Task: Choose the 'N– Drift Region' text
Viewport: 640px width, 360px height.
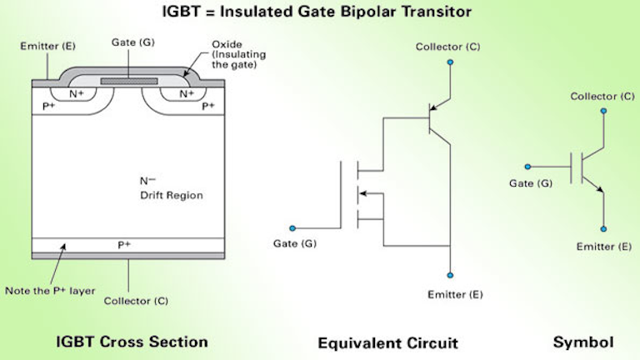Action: (x=172, y=188)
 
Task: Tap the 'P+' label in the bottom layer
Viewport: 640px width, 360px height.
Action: (x=127, y=245)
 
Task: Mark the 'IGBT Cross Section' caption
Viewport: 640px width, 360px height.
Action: (x=132, y=342)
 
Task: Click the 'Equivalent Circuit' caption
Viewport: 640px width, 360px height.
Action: (x=387, y=342)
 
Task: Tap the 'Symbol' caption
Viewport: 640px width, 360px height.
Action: (x=583, y=342)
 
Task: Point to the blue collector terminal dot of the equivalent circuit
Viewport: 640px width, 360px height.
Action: (x=450, y=62)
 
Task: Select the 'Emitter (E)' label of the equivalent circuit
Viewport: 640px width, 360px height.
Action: (x=454, y=294)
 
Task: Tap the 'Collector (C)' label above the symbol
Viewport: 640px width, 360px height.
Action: (x=602, y=97)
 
